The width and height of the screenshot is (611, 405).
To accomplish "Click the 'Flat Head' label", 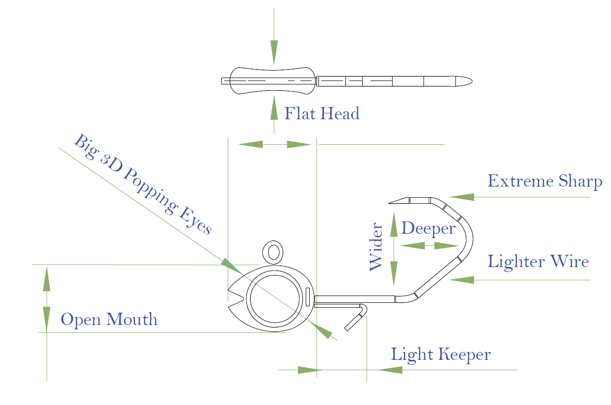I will click(x=322, y=114).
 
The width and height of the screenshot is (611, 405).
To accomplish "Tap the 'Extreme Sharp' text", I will click(x=545, y=182).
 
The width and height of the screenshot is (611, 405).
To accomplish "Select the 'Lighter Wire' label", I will click(x=538, y=261).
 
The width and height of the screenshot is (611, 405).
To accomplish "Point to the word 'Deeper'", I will click(x=428, y=229).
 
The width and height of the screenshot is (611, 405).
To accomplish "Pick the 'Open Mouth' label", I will click(x=109, y=320).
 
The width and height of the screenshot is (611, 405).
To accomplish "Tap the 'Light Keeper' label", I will click(x=441, y=354).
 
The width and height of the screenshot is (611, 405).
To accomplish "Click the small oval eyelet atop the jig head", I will click(x=273, y=252).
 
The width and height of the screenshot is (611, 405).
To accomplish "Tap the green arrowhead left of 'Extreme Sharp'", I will click(x=462, y=197).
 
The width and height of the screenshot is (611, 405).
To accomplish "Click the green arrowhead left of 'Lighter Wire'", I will click(x=462, y=280).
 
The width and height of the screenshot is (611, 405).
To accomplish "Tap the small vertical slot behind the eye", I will click(x=308, y=297).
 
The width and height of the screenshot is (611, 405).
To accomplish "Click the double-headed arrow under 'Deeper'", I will click(x=425, y=245).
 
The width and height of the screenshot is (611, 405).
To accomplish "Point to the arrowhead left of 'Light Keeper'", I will click(x=390, y=370).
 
